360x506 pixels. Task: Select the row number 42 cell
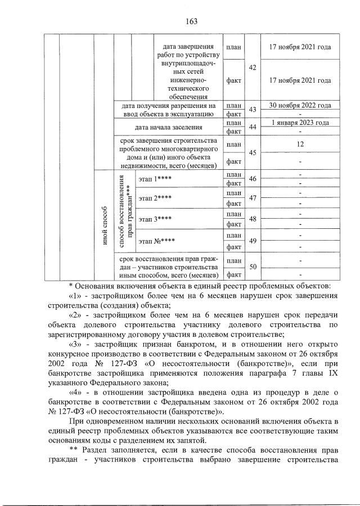coord(253,67)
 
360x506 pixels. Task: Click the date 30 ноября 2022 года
coord(300,105)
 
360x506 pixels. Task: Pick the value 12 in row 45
coord(300,144)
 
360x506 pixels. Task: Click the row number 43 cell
coord(253,110)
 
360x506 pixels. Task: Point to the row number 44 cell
coord(253,127)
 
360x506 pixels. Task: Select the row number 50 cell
coord(253,267)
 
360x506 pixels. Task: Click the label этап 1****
coord(155,179)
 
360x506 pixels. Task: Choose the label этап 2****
coord(155,198)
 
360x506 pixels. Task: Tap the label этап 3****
coord(155,219)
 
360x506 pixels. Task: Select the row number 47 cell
coord(253,198)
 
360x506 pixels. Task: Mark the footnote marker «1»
coord(76,295)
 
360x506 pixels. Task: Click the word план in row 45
coord(233,144)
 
